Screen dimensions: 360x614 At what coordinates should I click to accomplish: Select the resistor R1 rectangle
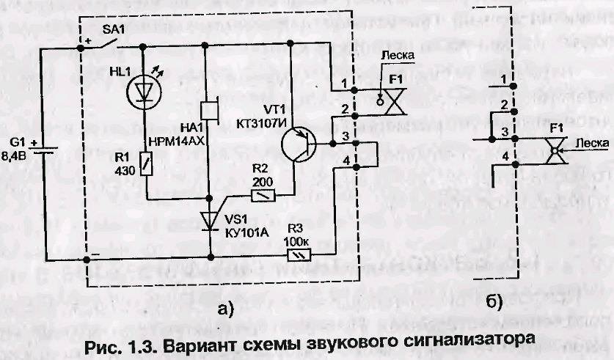[x=145, y=163]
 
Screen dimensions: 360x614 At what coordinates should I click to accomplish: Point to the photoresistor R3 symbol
[x=299, y=254]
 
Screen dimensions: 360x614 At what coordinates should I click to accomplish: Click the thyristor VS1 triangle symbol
[x=210, y=218]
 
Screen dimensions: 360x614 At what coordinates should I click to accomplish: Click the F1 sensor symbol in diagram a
[x=397, y=98]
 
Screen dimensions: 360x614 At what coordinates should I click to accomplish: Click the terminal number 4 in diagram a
[x=347, y=161]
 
